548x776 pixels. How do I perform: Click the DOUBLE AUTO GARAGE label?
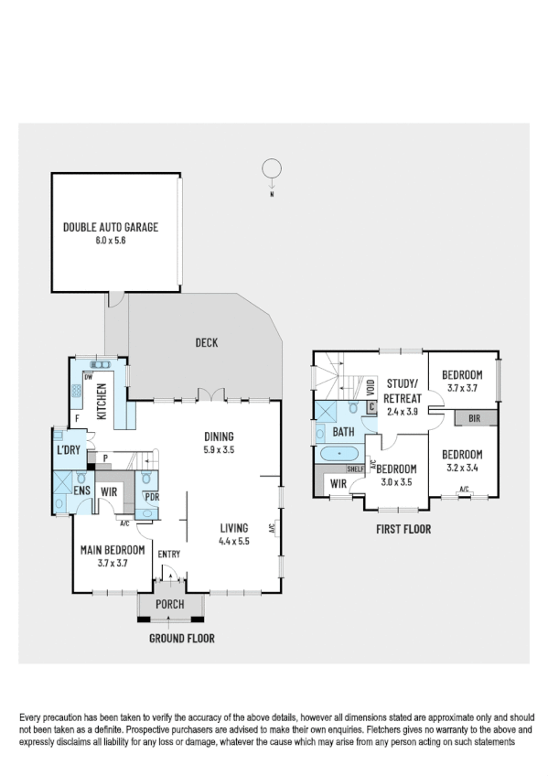click(x=110, y=227)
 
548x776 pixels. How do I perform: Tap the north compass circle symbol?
click(x=271, y=169)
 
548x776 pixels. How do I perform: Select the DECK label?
click(x=206, y=342)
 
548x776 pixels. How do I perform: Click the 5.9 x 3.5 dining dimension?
click(x=220, y=449)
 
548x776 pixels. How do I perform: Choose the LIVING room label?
click(x=235, y=527)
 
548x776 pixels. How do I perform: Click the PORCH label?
click(x=170, y=604)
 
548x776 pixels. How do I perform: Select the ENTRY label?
click(x=169, y=554)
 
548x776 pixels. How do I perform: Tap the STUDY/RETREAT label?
click(x=403, y=392)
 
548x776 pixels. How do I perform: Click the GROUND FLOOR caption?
click(x=182, y=638)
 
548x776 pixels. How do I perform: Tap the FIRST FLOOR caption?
click(x=403, y=529)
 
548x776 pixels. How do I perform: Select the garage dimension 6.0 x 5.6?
click(x=110, y=240)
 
